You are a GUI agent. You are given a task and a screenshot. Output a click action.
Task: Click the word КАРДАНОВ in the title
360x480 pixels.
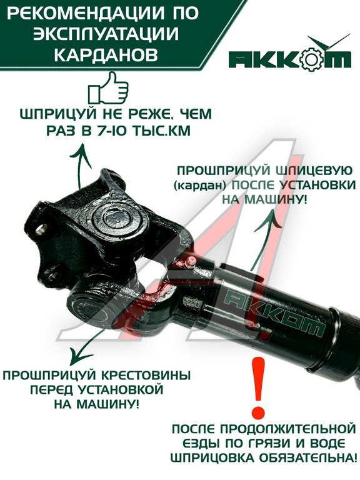[x=106, y=55]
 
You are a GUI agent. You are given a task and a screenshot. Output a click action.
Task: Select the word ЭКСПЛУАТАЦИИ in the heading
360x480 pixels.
[x=106, y=34]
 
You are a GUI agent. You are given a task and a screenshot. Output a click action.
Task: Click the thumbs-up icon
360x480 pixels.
[x=108, y=88]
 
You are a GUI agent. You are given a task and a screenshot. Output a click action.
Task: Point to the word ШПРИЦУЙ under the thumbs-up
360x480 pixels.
[x=57, y=114]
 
